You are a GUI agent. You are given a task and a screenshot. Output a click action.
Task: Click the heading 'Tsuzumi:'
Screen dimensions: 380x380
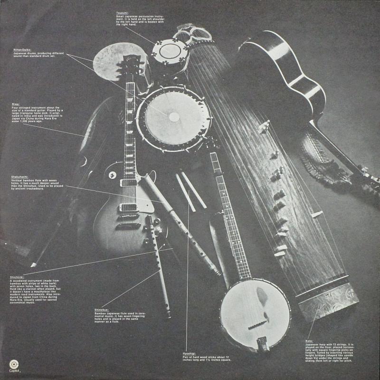tap(122, 13)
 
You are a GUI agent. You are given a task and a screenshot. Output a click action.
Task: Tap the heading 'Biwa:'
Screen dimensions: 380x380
tap(15, 103)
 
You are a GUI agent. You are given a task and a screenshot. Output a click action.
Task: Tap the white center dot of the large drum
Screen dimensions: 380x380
tap(174, 116)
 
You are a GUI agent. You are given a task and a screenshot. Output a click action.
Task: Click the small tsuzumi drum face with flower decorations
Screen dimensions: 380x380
tap(168, 50)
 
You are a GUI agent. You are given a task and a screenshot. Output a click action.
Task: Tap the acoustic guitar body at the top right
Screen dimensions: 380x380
tap(285, 71)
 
